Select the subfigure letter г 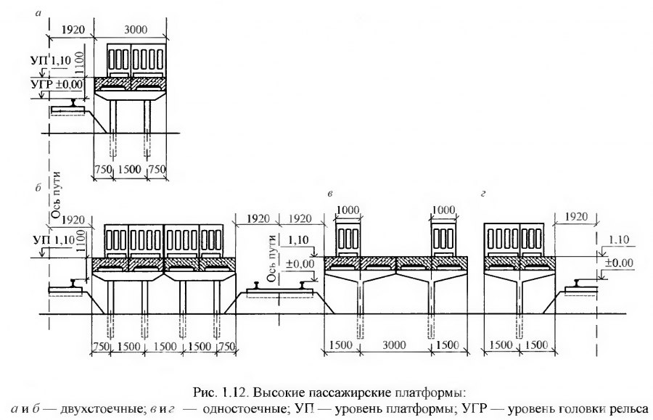pos(482,196)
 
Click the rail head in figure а pos(72,103)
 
